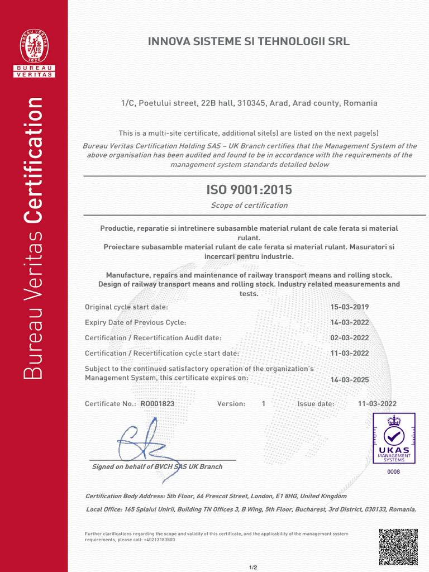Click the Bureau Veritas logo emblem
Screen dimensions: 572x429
click(x=34, y=47)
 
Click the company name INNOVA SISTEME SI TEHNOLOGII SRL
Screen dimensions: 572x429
click(x=249, y=42)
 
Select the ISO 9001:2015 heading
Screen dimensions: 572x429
click(x=249, y=190)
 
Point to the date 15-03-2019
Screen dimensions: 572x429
click(x=350, y=307)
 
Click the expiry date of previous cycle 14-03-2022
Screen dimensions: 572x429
click(x=350, y=323)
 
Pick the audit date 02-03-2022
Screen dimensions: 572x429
click(x=350, y=338)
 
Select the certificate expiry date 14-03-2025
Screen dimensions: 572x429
click(x=350, y=380)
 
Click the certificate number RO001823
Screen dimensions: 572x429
click(x=158, y=404)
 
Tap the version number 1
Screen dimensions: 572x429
click(x=264, y=404)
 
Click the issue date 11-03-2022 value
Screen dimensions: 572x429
click(x=378, y=404)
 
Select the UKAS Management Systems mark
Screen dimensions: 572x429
click(x=394, y=438)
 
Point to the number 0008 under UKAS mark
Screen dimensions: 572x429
click(x=394, y=472)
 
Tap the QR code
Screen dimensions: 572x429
click(x=398, y=547)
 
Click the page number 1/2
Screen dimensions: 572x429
click(x=253, y=568)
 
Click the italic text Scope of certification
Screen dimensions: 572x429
click(x=249, y=206)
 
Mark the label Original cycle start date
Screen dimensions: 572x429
click(x=126, y=307)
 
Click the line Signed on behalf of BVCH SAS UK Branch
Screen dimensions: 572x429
click(x=157, y=467)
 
